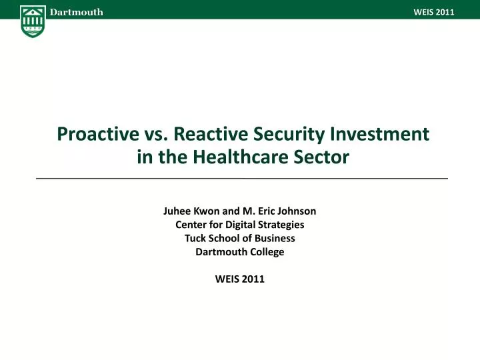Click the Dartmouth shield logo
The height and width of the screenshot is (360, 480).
coord(33,21)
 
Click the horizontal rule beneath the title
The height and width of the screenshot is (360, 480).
coord(240,179)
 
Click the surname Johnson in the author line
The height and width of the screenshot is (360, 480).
coord(293,211)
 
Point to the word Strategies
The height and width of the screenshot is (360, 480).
coord(283,225)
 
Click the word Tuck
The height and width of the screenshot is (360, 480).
coord(195,238)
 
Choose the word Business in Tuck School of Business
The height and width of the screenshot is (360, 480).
coord(275,238)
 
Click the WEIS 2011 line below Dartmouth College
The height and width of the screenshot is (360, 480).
coord(240,279)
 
